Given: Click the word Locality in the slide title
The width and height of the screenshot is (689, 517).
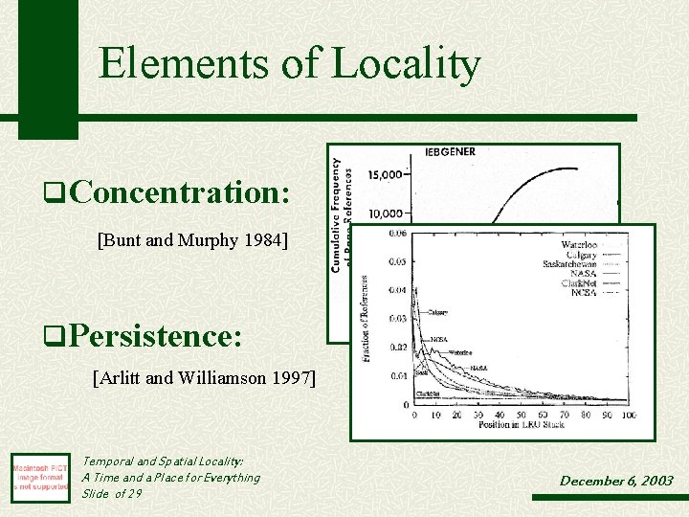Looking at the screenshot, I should (x=406, y=64).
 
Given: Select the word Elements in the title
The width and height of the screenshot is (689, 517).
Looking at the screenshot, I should (x=182, y=64).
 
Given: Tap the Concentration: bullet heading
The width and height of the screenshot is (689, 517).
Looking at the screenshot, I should (x=179, y=192).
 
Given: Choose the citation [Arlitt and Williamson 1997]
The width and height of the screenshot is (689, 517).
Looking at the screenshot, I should (x=204, y=378).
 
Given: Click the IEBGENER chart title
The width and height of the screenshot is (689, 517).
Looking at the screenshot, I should (x=450, y=152).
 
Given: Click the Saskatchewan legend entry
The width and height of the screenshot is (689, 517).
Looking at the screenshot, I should (x=569, y=263).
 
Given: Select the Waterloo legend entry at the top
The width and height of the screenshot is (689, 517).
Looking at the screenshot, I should (x=579, y=245).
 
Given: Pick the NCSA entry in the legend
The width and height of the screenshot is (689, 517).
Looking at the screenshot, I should (x=583, y=292).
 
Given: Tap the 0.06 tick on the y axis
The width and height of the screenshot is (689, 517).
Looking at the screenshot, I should (x=395, y=233).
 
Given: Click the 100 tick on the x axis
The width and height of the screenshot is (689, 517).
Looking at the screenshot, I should (x=628, y=415).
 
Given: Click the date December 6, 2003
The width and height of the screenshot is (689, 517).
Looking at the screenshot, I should (x=616, y=481).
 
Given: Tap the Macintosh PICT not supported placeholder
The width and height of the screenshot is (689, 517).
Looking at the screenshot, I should (x=40, y=476).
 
